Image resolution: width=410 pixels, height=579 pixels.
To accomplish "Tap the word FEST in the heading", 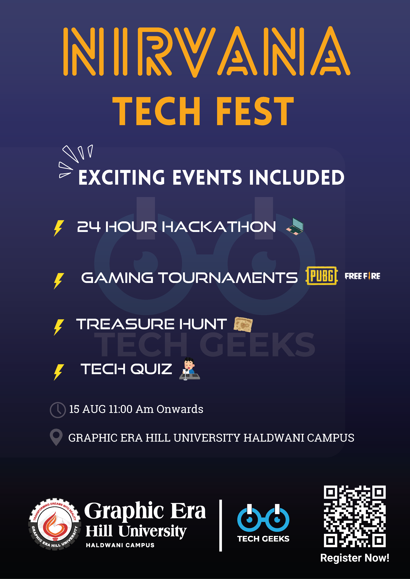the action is pyautogui.click(x=255, y=111).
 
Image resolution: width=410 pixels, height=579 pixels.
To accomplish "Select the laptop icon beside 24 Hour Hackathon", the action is pyautogui.click(x=295, y=226).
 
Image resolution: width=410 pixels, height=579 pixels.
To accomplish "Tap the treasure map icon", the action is pyautogui.click(x=243, y=324).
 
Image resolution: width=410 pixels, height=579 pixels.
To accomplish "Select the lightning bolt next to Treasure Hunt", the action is pyautogui.click(x=59, y=327).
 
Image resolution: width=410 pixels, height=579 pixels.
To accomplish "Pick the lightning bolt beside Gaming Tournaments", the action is pyautogui.click(x=59, y=281).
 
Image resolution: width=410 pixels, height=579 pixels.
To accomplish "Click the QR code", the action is pyautogui.click(x=355, y=516).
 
